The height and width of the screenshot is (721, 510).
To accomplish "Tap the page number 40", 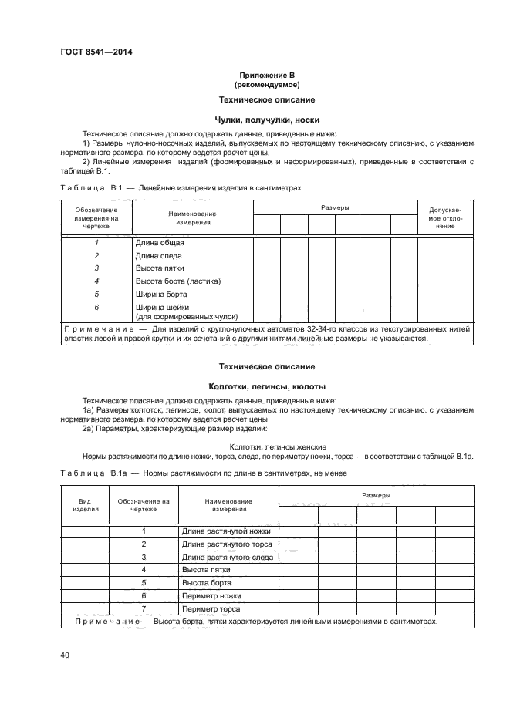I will click(65, 655).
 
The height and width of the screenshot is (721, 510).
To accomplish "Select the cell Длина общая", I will click(160, 242).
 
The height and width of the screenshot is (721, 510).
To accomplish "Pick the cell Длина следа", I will click(159, 255).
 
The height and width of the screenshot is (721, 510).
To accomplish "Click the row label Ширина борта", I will click(161, 294).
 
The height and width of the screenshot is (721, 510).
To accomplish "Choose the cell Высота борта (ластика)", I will click(176, 281).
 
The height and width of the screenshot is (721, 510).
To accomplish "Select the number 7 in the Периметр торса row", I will click(144, 608).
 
